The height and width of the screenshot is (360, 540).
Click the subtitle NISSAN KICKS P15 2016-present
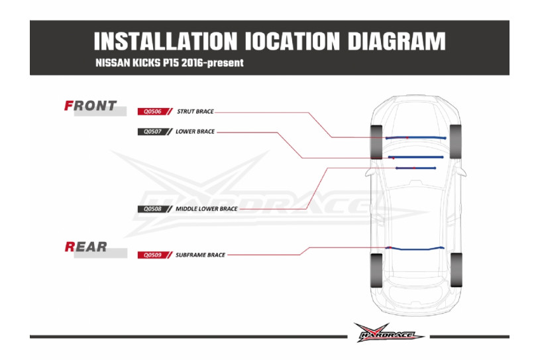tap(170, 64)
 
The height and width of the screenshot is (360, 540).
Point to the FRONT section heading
tap(90, 105)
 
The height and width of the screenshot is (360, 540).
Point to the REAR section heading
tap(86, 247)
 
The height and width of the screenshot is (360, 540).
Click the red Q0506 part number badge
tap(149, 111)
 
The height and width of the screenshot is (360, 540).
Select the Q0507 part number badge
tap(149, 131)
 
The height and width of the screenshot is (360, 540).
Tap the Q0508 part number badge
tap(149, 209)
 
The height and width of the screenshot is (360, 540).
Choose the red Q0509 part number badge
tap(149, 255)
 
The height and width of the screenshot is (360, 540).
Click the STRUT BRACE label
tap(195, 111)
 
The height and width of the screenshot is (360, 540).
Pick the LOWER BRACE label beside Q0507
tap(195, 131)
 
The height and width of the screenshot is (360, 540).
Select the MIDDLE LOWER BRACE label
tap(206, 209)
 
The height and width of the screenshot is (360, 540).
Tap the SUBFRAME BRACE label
tap(201, 255)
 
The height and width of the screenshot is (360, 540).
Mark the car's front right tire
tap(456, 141)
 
